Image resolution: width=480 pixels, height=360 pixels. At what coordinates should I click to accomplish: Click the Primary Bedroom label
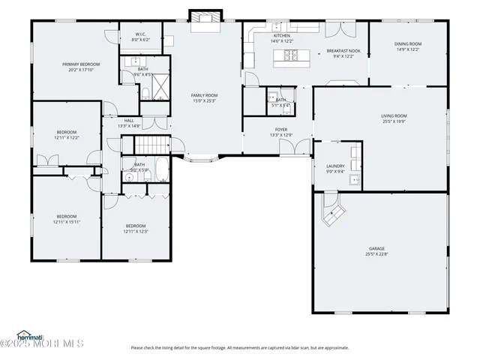pyautogui.click(x=81, y=64)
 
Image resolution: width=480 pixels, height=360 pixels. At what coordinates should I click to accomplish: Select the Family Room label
pyautogui.click(x=204, y=95)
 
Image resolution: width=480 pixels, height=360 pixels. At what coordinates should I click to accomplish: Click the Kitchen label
pyautogui.click(x=281, y=36)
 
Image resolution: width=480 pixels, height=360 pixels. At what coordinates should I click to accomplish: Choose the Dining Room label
pyautogui.click(x=408, y=44)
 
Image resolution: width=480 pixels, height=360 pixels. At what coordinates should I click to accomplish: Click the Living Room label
pyautogui.click(x=394, y=115)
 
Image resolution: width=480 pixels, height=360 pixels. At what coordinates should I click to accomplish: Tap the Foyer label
pyautogui.click(x=281, y=130)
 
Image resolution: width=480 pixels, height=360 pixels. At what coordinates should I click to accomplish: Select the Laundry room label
pyautogui.click(x=335, y=166)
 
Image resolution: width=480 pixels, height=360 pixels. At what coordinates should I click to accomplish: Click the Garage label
pyautogui.click(x=376, y=248)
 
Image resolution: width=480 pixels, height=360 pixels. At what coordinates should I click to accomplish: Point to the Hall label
pyautogui.click(x=129, y=121)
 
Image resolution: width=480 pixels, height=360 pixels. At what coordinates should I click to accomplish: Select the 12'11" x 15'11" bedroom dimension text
pyautogui.click(x=67, y=222)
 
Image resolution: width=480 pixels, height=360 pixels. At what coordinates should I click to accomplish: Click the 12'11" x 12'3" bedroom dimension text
pyautogui.click(x=136, y=231)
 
